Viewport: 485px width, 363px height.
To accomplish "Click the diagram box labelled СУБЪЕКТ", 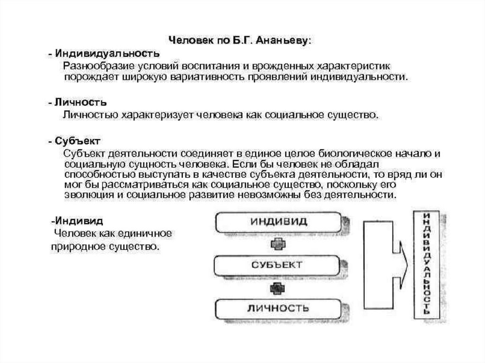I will pyautogui.click(x=277, y=265).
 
